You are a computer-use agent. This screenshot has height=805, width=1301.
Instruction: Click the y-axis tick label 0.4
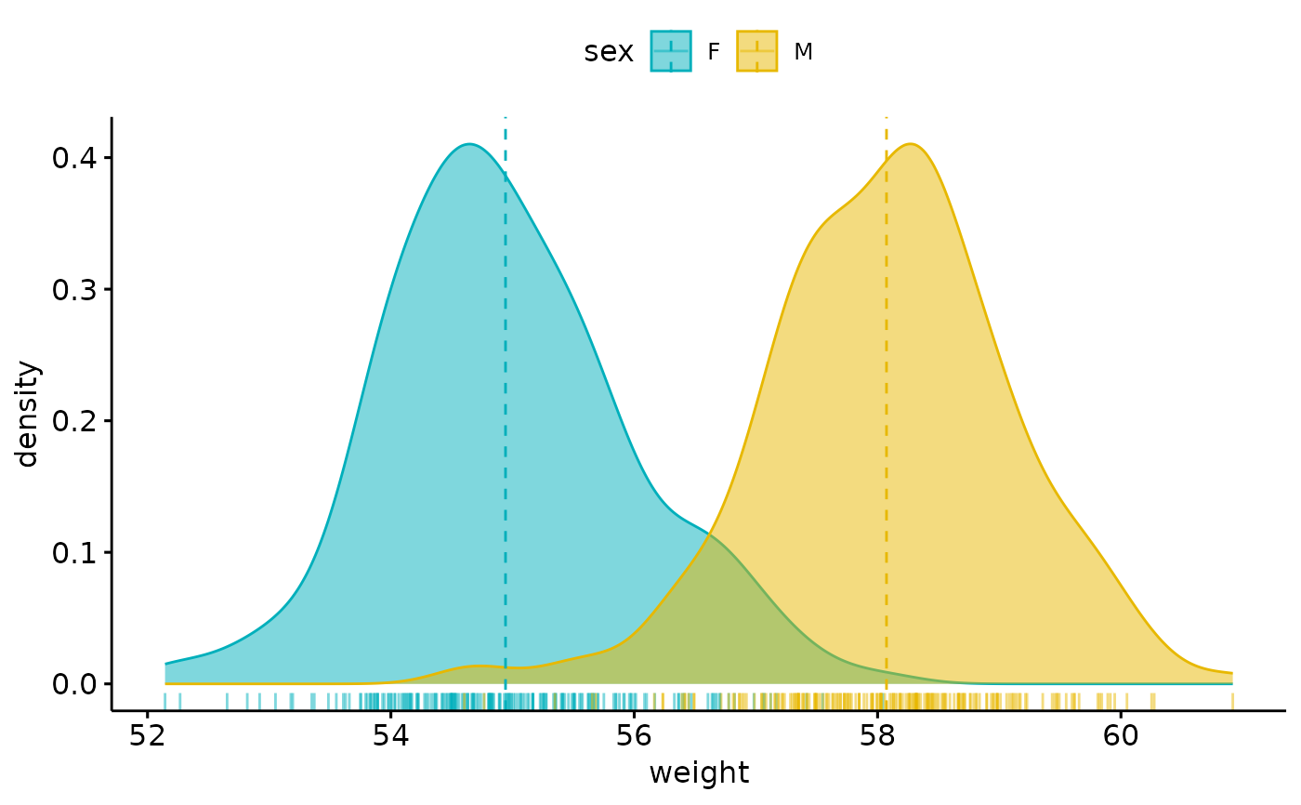(x=75, y=158)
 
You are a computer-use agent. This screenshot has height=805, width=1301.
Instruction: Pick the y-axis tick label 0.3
(x=75, y=289)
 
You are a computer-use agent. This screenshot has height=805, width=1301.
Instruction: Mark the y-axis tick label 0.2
(x=75, y=421)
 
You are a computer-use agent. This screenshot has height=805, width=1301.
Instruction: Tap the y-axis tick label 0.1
(x=75, y=552)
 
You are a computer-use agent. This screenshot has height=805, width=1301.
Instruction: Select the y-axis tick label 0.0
(x=75, y=684)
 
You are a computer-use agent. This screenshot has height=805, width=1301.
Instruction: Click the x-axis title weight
(x=699, y=773)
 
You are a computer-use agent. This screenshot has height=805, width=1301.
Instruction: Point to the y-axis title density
(x=29, y=414)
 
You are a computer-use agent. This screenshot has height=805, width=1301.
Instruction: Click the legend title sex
(x=609, y=53)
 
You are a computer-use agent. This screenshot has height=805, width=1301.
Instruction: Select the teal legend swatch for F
(x=671, y=52)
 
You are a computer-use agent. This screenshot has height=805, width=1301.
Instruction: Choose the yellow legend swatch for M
(x=756, y=52)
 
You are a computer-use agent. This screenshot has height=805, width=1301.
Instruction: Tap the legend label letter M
(x=804, y=53)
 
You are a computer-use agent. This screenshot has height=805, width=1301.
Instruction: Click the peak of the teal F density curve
(x=470, y=144)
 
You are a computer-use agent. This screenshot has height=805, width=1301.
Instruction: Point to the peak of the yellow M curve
(x=912, y=144)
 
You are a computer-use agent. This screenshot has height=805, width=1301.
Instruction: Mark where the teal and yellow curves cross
(x=709, y=534)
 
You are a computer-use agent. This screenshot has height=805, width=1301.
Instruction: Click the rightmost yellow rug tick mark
(x=1232, y=700)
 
